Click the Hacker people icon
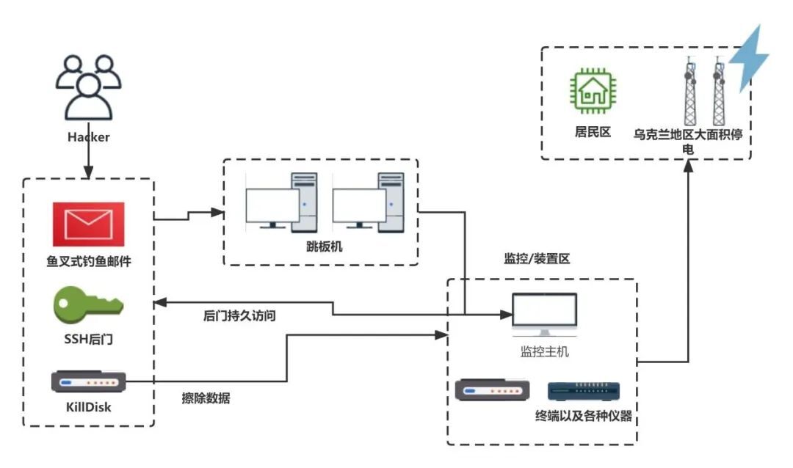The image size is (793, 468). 88,88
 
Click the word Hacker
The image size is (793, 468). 88,137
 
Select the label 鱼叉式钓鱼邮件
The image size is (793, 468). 88,260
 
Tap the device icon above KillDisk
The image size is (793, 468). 89,382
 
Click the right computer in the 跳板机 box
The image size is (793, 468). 368,202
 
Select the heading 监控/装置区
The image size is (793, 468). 537,258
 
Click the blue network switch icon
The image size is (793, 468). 584,391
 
